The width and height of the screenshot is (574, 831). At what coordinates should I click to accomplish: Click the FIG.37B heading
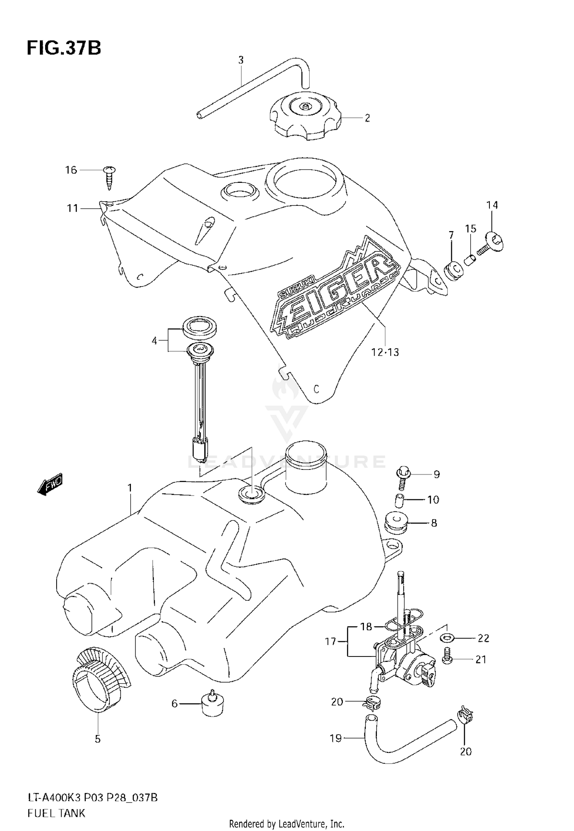pos(64,49)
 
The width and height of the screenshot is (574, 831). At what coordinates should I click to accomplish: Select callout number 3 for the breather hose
pos(241,60)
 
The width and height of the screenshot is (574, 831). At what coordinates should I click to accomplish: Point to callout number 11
pos(73,209)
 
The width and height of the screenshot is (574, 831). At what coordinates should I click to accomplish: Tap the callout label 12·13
pos(385,352)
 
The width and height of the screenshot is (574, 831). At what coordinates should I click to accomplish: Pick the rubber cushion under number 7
pos(454,270)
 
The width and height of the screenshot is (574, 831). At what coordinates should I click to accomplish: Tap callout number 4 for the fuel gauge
pos(155,341)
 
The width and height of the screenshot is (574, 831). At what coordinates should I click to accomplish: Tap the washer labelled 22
pos(446,638)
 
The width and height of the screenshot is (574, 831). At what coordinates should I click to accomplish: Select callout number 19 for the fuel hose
pos(336,738)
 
